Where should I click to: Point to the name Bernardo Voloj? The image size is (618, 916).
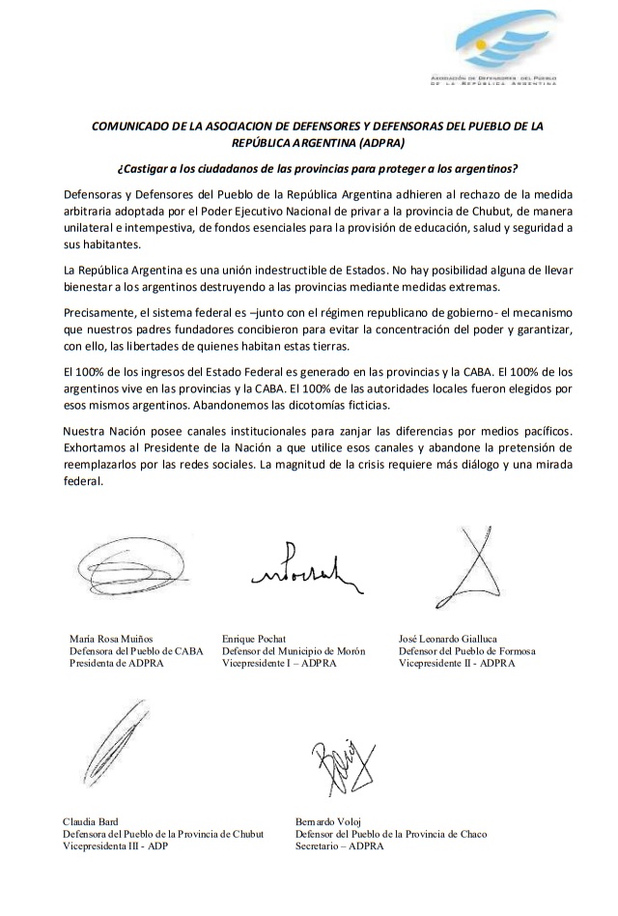point(331,820)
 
